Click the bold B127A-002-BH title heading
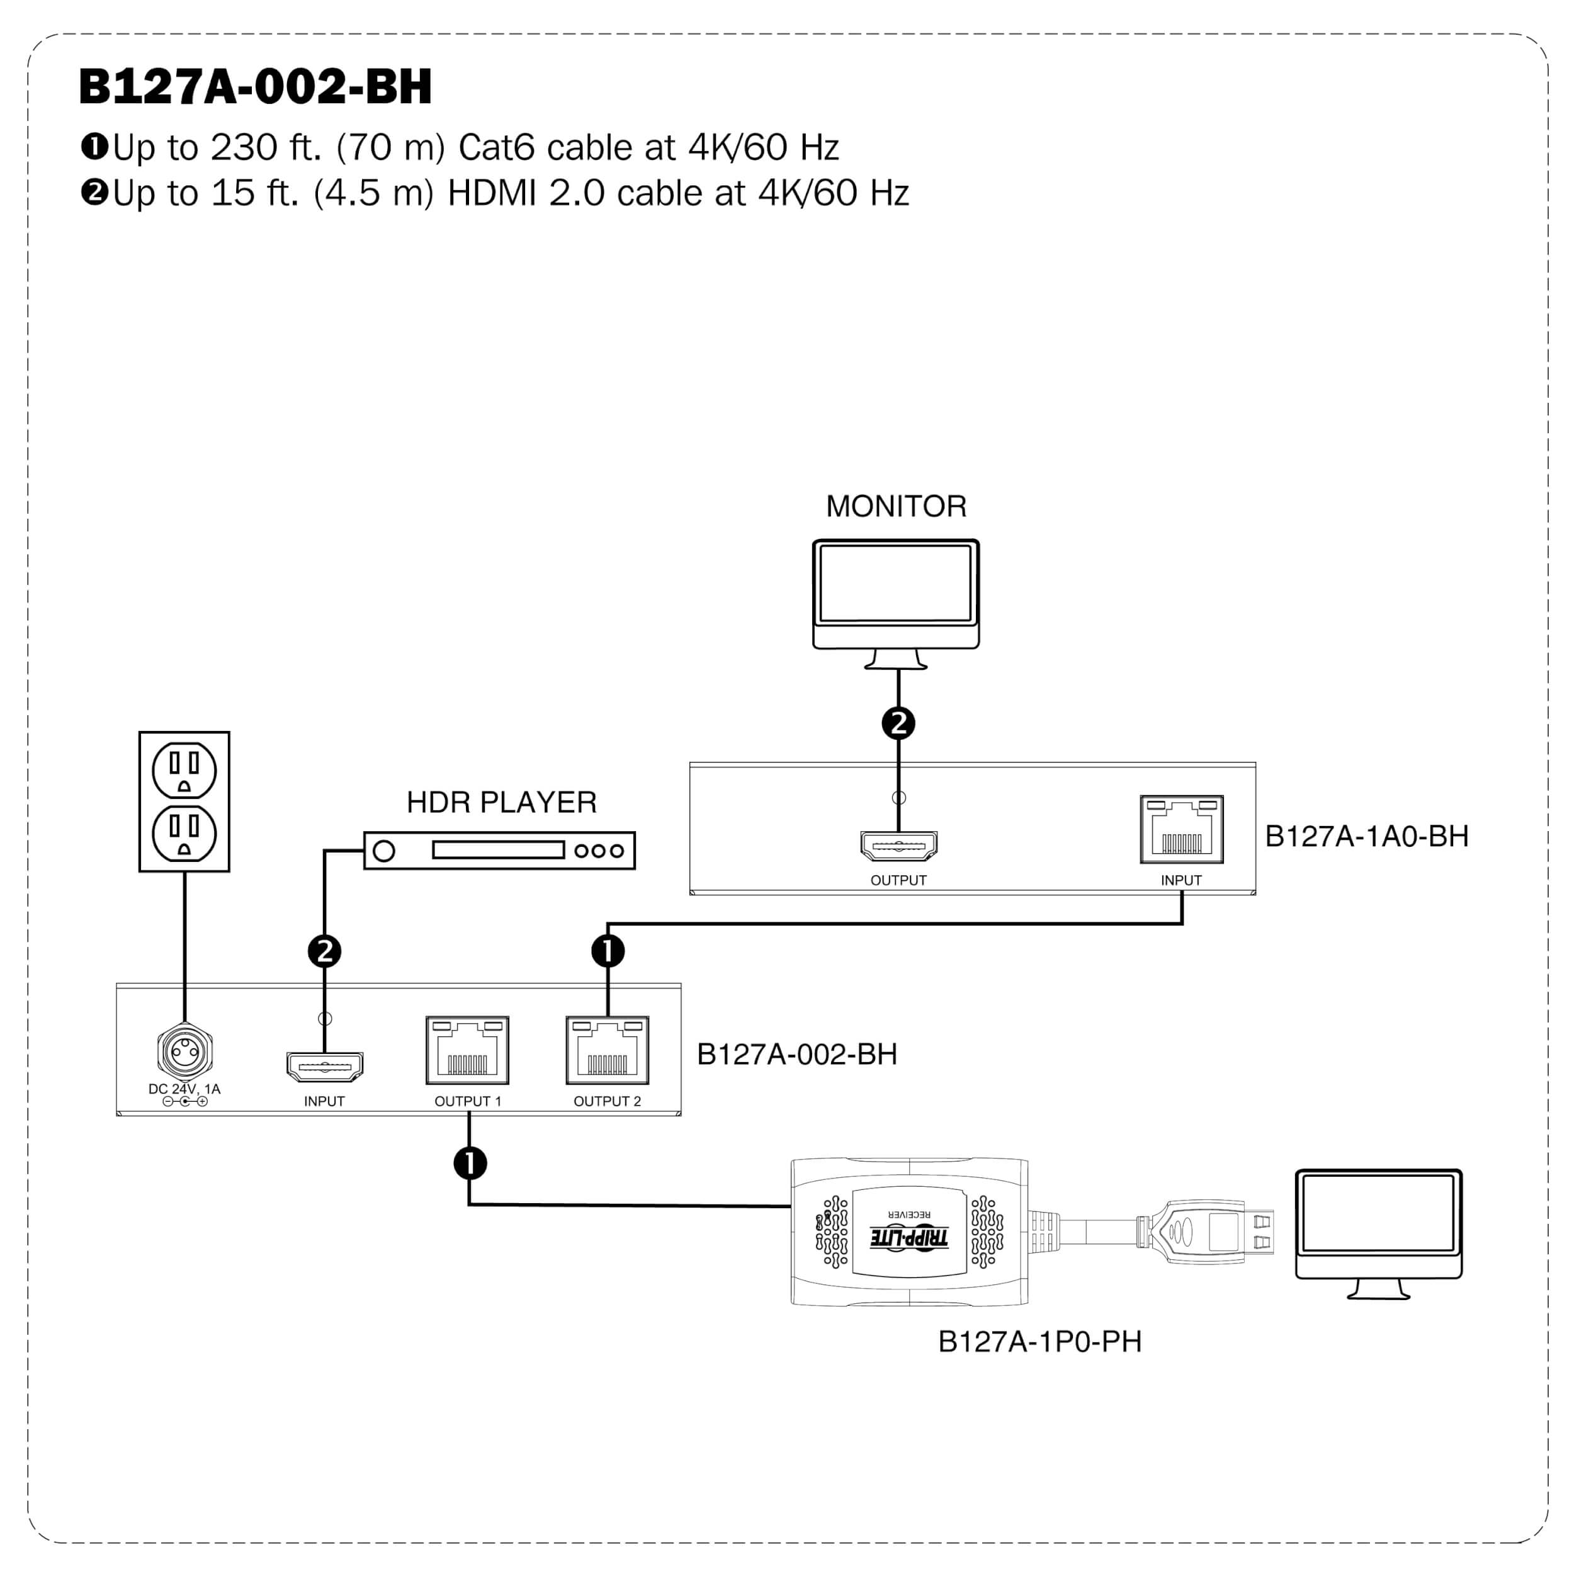pos(255,87)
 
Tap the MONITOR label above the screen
pos(896,507)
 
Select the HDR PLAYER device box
pos(499,851)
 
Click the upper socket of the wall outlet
pos(184,770)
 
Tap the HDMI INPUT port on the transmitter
pos(324,1067)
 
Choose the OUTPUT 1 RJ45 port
pos(468,1050)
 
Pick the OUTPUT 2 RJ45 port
pos(608,1050)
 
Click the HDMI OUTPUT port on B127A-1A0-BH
pos(898,846)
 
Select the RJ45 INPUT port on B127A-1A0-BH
pos(1181,829)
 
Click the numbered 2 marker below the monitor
pos(898,723)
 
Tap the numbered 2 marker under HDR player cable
pos(324,951)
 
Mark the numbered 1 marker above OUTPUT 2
pos(608,951)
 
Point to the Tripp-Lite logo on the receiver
pos(909,1238)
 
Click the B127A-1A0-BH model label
pos(1366,837)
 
